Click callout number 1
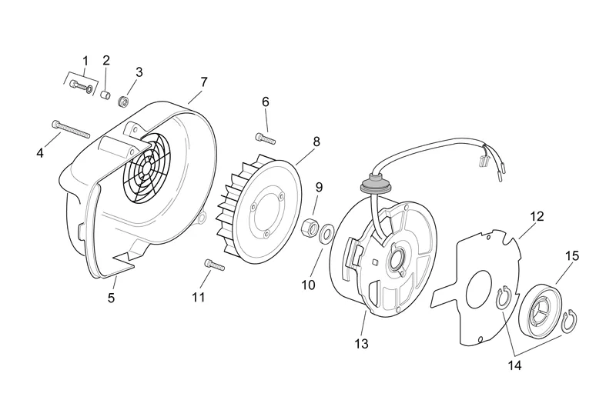pyautogui.click(x=85, y=61)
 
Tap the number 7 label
pyautogui.click(x=203, y=82)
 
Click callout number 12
pyautogui.click(x=537, y=217)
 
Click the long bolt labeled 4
pyautogui.click(x=71, y=130)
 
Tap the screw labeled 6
pyautogui.click(x=265, y=138)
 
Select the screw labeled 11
pyautogui.click(x=213, y=265)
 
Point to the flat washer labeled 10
pyautogui.click(x=326, y=231)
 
